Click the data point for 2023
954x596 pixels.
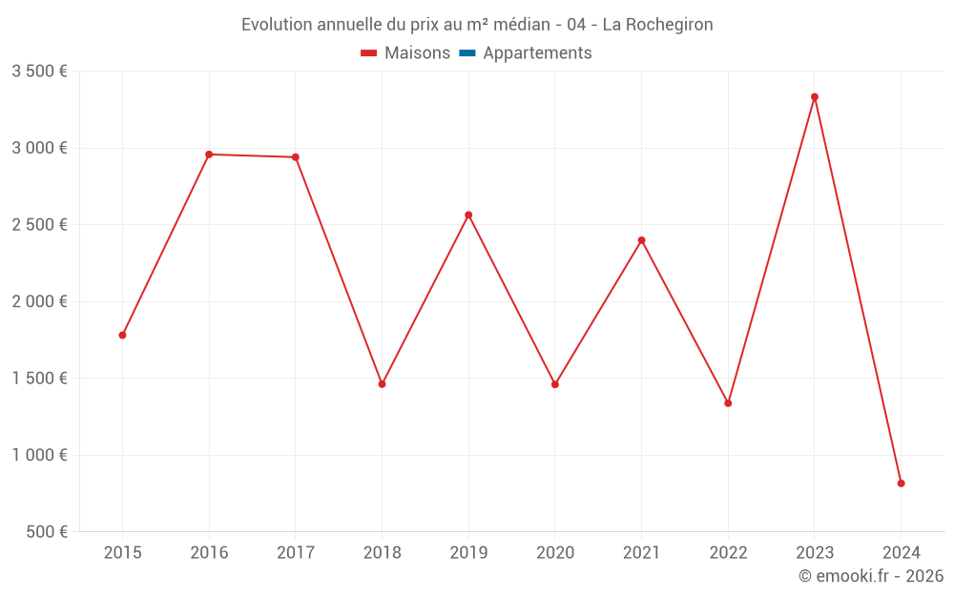pyautogui.click(x=815, y=96)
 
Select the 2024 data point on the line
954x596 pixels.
pyautogui.click(x=901, y=483)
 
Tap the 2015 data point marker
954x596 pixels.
pyautogui.click(x=122, y=335)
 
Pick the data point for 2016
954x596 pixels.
pyautogui.click(x=209, y=154)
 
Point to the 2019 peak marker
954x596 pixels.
pyautogui.click(x=468, y=215)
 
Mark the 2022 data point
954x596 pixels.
pyautogui.click(x=728, y=403)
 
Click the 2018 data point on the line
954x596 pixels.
pyautogui.click(x=382, y=384)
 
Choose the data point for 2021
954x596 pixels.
pyautogui.click(x=641, y=240)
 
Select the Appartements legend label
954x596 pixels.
pyautogui.click(x=537, y=53)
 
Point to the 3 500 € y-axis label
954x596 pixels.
pyautogui.click(x=39, y=72)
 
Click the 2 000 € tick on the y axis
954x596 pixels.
pyautogui.click(x=39, y=301)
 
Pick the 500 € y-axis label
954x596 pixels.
pyautogui.click(x=46, y=532)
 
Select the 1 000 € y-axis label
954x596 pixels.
pyautogui.click(x=39, y=455)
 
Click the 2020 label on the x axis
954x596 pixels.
pyautogui.click(x=555, y=553)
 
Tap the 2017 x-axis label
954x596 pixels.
pyautogui.click(x=295, y=553)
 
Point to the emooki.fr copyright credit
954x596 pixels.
pyautogui.click(x=871, y=576)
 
